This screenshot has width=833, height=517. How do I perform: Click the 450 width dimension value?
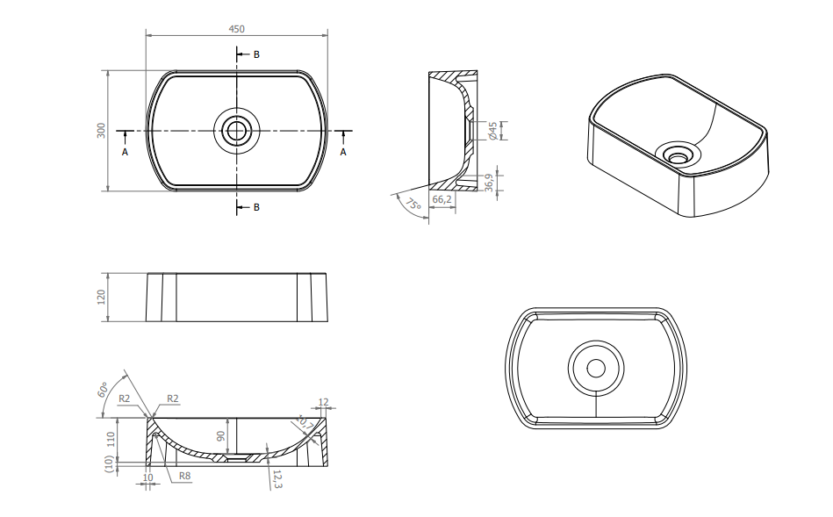[x=236, y=29]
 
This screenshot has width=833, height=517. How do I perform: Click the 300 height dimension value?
[x=101, y=131]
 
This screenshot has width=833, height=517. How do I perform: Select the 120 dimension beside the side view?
[x=101, y=297]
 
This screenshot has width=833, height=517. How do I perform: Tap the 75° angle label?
[x=413, y=204]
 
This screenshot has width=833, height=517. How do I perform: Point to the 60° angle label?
[x=103, y=390]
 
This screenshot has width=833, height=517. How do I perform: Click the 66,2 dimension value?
[x=442, y=199]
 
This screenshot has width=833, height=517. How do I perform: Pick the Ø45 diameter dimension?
[x=492, y=131]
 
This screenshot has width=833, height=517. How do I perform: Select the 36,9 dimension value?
[x=489, y=183]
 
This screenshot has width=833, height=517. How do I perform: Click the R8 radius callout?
[x=184, y=476]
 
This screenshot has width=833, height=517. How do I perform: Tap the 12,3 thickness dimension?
[x=277, y=478]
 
